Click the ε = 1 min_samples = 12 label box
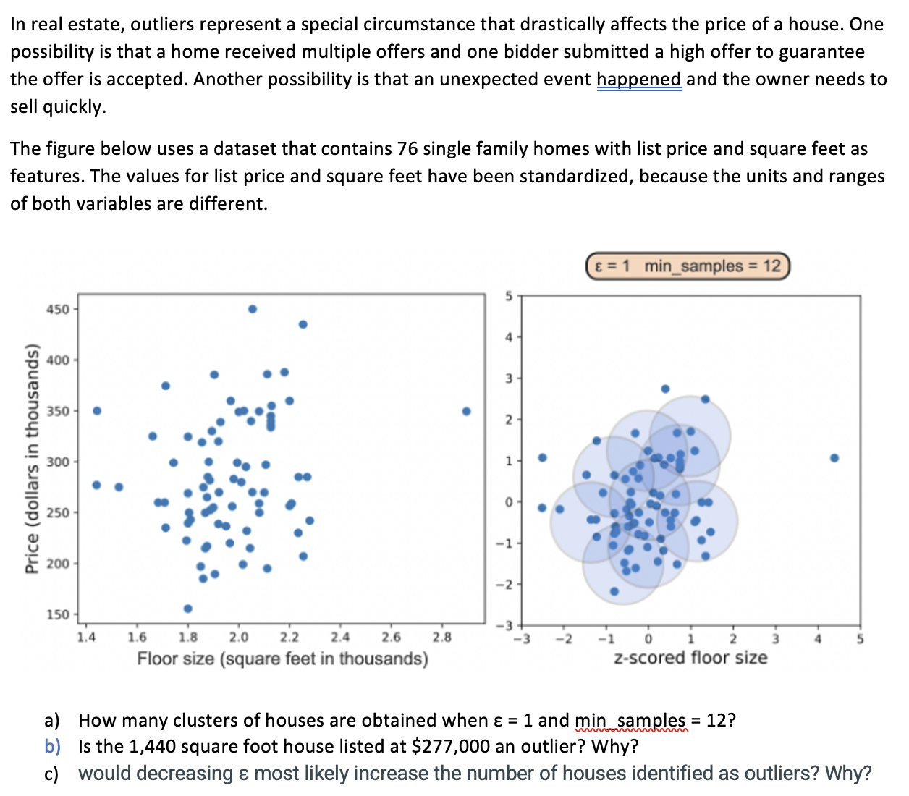(687, 266)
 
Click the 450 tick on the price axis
(58, 310)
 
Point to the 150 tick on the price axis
(58, 614)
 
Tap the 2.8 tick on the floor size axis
(441, 638)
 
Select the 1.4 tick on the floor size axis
(86, 638)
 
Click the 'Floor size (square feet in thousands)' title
(282, 659)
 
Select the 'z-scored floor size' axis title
(690, 658)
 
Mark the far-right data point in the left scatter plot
(467, 411)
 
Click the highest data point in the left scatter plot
(253, 309)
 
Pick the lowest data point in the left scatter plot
(188, 609)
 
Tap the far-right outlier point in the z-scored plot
(834, 458)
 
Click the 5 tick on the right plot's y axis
(509, 296)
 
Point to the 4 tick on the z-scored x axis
(818, 639)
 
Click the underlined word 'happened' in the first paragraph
(639, 79)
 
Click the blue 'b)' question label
(52, 746)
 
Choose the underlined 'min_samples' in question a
(630, 720)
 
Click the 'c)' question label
(51, 774)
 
